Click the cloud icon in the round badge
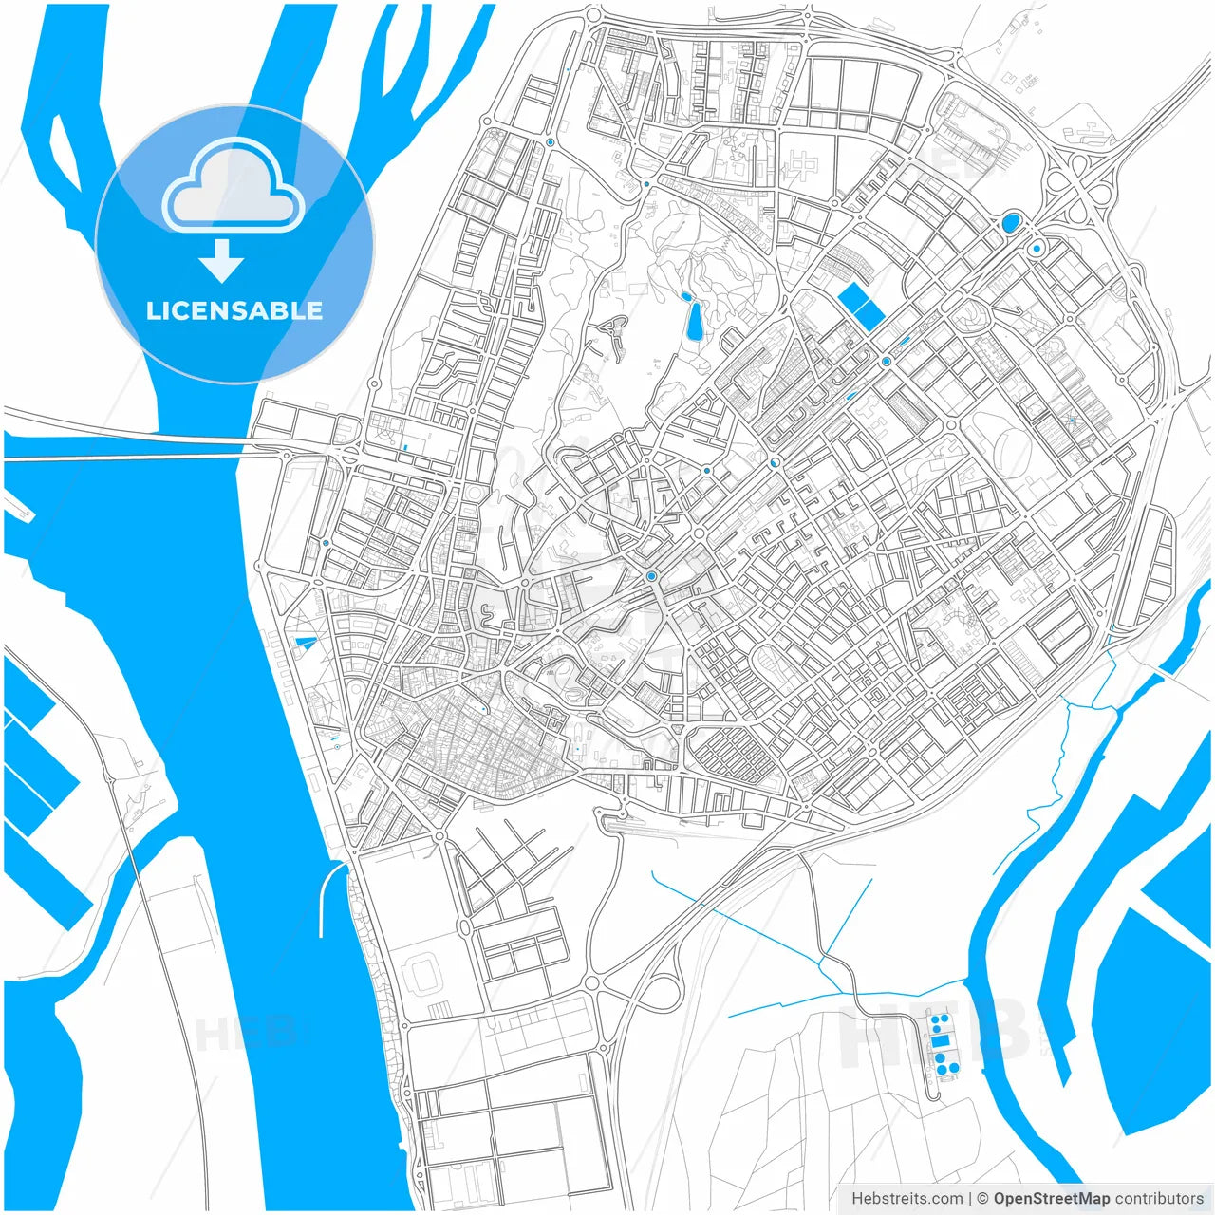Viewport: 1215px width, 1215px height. pos(234,186)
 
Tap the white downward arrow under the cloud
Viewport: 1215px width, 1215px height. pos(221,261)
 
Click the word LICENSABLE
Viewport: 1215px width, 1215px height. pos(234,310)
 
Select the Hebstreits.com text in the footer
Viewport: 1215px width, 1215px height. pos(907,1198)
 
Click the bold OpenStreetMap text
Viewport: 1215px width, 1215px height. pos(1052,1198)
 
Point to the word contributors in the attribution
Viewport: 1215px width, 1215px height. pos(1159,1198)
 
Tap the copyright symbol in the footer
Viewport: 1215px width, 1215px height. pos(983,1198)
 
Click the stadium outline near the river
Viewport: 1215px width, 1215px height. pos(420,976)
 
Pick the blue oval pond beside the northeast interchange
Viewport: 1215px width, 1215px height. pos(1009,224)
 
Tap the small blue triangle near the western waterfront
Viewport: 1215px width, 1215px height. pos(306,644)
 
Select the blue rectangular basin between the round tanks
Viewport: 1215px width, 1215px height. pos(940,1041)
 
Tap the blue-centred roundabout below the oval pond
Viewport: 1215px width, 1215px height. pos(1037,249)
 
